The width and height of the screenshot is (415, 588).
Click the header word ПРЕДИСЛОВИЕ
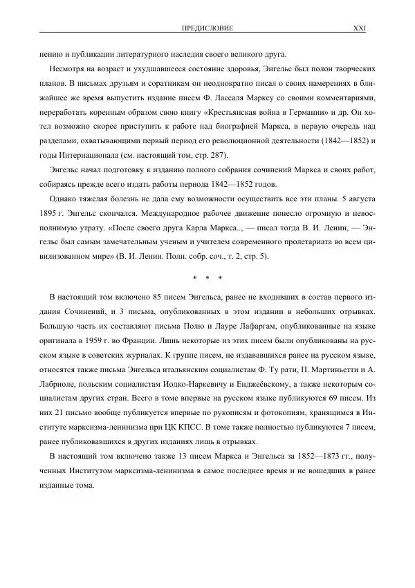point(206,28)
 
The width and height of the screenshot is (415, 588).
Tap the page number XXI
point(359,28)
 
